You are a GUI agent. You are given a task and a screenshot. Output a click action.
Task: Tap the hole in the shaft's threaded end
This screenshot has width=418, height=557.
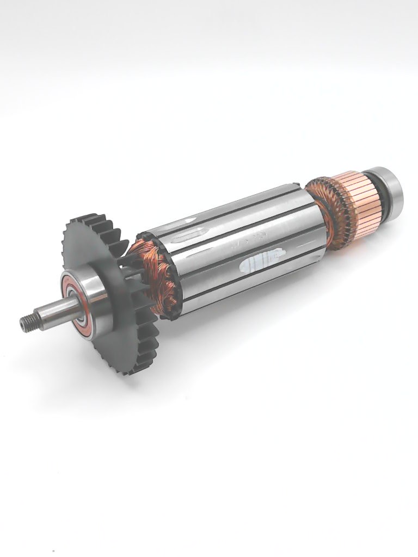pos(23,325)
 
